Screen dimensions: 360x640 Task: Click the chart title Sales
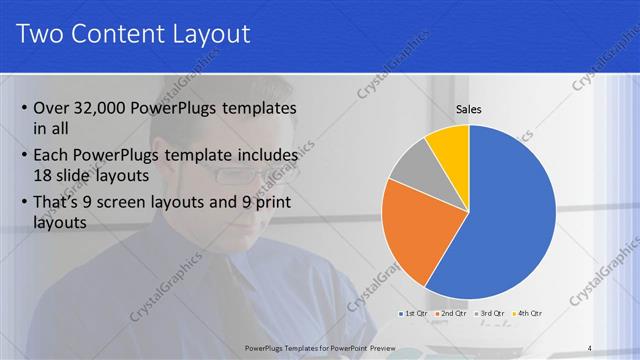pyautogui.click(x=469, y=109)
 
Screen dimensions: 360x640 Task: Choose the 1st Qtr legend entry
pyautogui.click(x=416, y=314)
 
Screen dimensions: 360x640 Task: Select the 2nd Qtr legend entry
pyautogui.click(x=453, y=314)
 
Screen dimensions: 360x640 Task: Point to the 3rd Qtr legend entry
pyautogui.click(x=490, y=314)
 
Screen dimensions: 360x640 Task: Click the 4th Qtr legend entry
pyautogui.click(x=527, y=314)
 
